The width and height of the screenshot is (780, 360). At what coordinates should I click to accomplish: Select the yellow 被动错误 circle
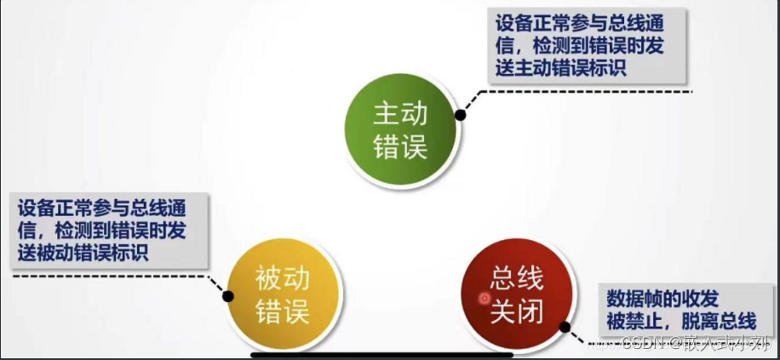[x=282, y=294]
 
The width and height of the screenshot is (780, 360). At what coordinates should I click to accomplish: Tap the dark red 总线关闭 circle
[x=516, y=294]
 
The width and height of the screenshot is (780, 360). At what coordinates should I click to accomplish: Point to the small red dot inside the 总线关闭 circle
[x=485, y=299]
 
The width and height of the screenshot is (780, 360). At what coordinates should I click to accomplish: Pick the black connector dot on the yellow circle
[x=228, y=295]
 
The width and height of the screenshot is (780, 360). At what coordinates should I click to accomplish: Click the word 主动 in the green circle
[x=399, y=112]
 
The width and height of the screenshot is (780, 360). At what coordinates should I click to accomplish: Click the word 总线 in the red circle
[x=516, y=278]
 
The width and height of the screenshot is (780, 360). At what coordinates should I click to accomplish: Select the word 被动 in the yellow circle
[x=282, y=278]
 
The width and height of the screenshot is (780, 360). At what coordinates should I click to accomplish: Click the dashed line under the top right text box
[x=596, y=91]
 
